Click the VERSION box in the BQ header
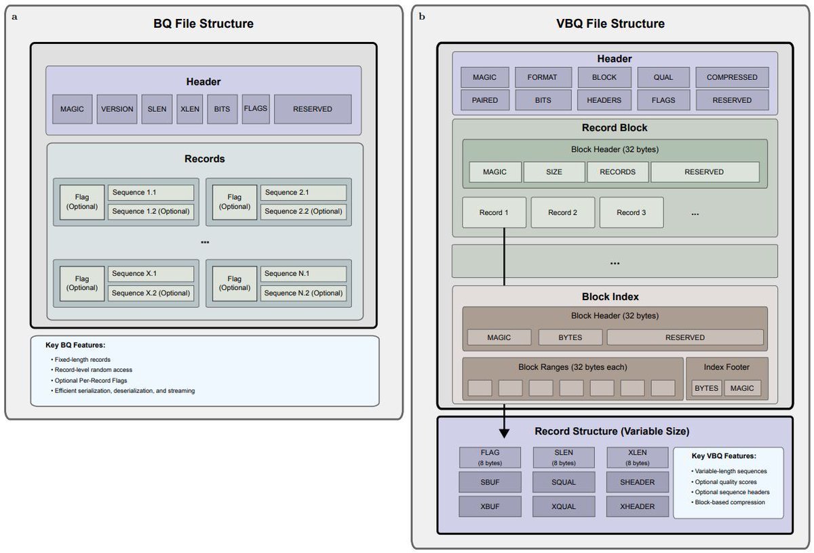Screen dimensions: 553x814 tap(117, 109)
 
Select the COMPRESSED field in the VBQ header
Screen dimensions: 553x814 tap(732, 77)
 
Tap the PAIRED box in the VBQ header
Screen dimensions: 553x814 tap(484, 100)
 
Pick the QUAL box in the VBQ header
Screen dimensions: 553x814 tap(663, 77)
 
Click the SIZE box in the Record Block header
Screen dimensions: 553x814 tap(554, 172)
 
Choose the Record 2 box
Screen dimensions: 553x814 tap(562, 213)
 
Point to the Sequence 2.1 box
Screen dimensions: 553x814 tap(303, 192)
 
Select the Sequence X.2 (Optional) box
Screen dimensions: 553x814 tap(151, 293)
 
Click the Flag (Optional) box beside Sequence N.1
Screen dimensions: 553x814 tap(235, 283)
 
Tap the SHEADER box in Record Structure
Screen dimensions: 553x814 tap(637, 483)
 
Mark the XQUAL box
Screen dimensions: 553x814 tap(563, 506)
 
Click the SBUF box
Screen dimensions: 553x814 tap(489, 483)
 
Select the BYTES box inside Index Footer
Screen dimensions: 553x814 tap(706, 388)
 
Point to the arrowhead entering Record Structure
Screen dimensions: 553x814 tap(504, 431)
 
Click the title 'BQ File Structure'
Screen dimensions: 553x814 tap(203, 24)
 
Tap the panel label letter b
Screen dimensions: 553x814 tap(422, 16)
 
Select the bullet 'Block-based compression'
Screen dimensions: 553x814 tap(729, 502)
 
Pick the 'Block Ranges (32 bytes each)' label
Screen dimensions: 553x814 tap(573, 367)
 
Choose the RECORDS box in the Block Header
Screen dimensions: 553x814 tap(617, 172)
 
